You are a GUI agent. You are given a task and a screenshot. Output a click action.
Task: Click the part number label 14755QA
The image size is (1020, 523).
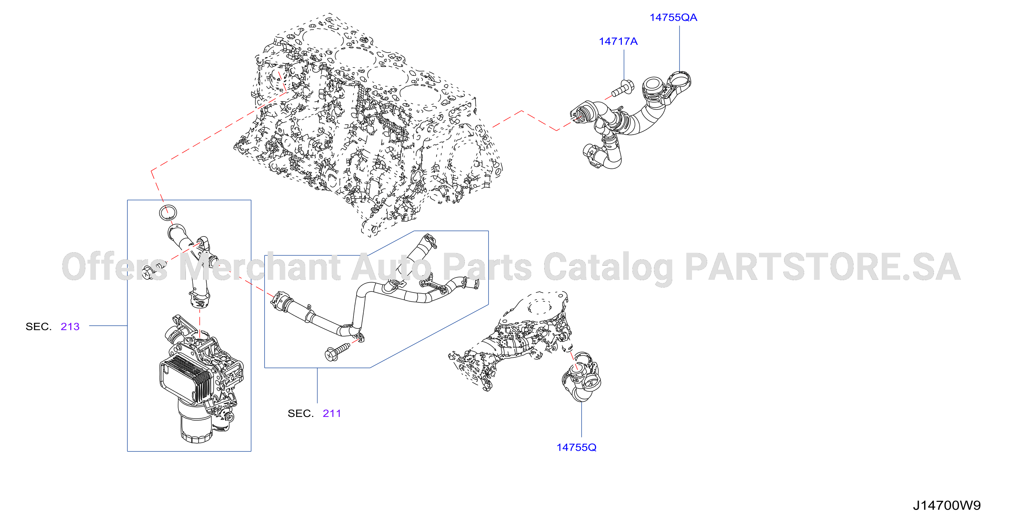click(673, 17)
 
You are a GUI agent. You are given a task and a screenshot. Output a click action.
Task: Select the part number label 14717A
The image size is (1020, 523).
click(618, 41)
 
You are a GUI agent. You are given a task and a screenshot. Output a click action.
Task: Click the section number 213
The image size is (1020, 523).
click(70, 326)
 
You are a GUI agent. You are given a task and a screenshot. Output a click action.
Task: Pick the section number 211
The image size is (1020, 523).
click(332, 413)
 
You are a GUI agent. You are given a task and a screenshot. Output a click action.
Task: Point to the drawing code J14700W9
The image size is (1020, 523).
click(947, 505)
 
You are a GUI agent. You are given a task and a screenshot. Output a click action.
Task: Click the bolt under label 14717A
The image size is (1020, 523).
click(623, 88)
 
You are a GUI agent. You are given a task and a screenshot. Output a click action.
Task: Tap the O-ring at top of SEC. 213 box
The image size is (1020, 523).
click(168, 213)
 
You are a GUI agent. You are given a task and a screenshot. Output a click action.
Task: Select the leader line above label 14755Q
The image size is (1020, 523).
click(581, 419)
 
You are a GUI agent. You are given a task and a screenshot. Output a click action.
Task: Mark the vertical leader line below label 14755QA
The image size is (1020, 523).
click(680, 49)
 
